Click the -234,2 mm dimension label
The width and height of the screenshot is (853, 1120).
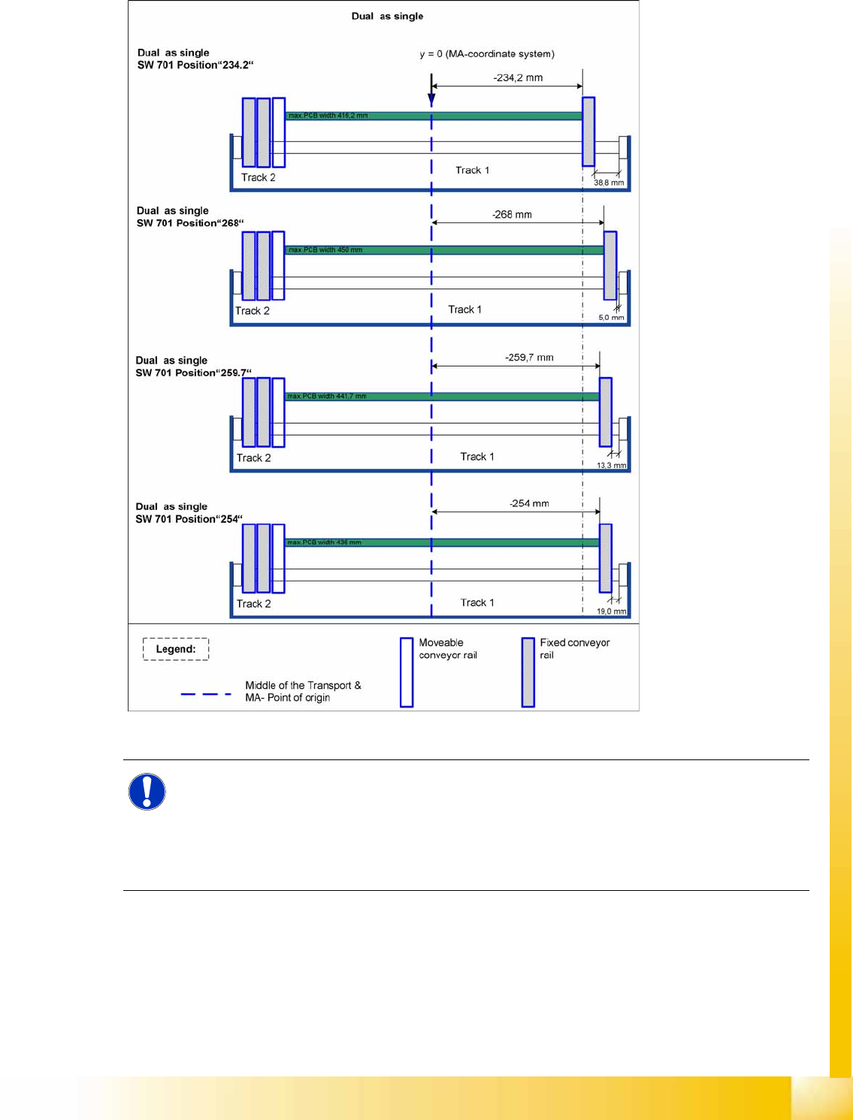[518, 77]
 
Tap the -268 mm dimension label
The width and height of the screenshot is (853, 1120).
[512, 215]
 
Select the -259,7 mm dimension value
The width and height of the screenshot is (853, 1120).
[529, 358]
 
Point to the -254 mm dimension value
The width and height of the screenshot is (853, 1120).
[529, 503]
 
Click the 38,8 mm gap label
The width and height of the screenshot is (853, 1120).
[609, 183]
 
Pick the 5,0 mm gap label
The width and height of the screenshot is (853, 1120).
[611, 318]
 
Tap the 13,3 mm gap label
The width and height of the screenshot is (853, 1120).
[611, 466]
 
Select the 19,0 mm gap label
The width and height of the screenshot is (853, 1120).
[611, 611]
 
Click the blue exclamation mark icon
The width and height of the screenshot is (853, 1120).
[147, 792]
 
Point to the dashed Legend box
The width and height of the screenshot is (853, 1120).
[176, 649]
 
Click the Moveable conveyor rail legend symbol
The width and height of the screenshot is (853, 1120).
[407, 672]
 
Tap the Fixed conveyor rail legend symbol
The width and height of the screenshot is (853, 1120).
[528, 672]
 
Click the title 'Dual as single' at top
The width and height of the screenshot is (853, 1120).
[387, 16]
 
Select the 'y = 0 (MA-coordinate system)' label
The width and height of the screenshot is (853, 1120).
[487, 54]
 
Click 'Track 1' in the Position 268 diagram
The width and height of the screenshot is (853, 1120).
[464, 309]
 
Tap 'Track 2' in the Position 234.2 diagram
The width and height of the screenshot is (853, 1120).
[258, 177]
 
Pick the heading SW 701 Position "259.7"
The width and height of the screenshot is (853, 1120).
[193, 373]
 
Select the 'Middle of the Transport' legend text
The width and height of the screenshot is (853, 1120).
[303, 685]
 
